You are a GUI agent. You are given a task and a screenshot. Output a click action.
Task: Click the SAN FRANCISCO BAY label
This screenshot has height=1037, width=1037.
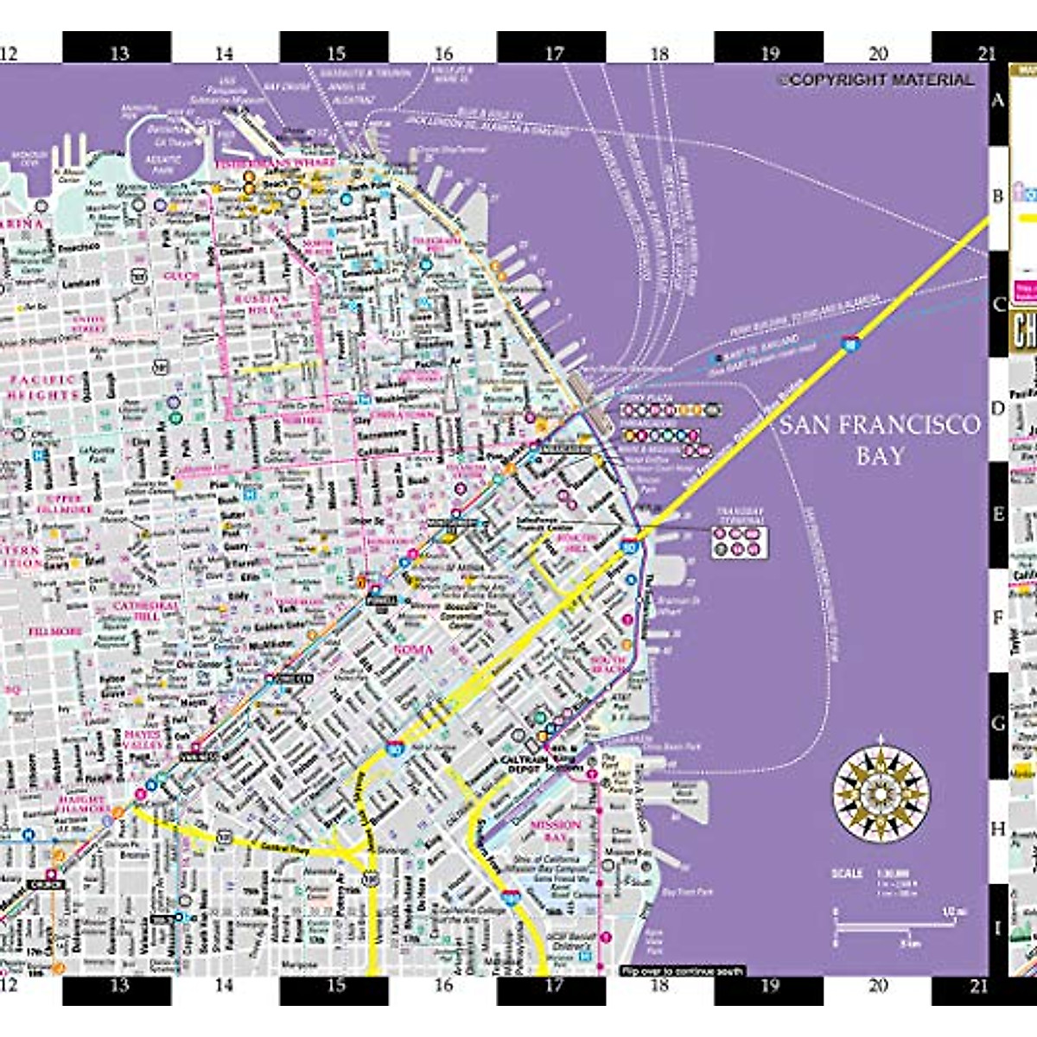click(880, 440)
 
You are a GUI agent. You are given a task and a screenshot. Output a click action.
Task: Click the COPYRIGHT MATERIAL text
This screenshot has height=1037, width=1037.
click(878, 80)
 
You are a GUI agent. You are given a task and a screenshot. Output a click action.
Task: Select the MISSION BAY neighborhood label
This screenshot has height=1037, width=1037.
click(555, 831)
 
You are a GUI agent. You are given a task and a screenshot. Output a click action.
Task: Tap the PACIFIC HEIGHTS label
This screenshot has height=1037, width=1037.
click(43, 387)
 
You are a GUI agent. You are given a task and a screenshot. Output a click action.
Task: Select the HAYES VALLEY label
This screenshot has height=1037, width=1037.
click(143, 740)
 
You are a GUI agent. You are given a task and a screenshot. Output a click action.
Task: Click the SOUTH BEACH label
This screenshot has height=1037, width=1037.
click(608, 664)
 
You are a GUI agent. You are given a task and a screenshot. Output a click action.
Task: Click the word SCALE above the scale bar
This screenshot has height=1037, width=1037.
click(847, 873)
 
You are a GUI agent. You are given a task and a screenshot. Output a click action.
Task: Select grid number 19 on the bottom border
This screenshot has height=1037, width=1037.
click(770, 986)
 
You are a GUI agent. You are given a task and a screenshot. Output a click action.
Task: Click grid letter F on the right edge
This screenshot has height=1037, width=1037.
click(998, 619)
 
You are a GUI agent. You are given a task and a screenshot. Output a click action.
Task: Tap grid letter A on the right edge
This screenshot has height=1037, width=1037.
click(998, 100)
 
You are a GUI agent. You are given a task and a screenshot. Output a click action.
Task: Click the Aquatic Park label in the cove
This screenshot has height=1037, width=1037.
click(162, 163)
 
